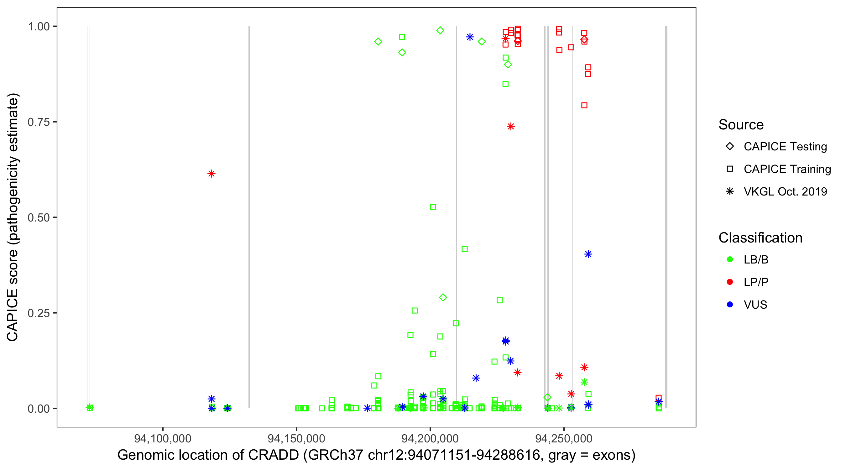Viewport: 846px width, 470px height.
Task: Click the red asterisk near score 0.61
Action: coord(211,174)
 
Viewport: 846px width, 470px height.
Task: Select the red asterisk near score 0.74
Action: coord(511,127)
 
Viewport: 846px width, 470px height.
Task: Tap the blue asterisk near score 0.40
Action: coord(588,254)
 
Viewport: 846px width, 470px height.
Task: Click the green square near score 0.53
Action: coord(433,207)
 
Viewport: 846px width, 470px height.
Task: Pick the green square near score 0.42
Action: coord(465,249)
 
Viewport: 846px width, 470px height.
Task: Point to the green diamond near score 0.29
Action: coord(443,298)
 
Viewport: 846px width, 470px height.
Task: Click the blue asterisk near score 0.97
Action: coord(470,37)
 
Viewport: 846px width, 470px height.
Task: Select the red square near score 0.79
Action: coord(584,105)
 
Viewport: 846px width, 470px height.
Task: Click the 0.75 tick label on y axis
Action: coord(38,122)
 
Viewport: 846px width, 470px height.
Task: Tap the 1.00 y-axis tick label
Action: coord(38,27)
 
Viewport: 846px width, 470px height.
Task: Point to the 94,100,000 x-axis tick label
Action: coord(163,438)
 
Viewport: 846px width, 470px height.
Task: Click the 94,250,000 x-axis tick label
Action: coord(564,438)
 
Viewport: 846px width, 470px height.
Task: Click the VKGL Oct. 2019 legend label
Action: coord(785,192)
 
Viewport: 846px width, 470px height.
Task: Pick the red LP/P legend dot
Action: coord(730,282)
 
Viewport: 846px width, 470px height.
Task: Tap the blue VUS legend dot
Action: coord(730,305)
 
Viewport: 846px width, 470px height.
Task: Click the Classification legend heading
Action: coord(760,238)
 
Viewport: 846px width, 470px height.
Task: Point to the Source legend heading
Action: coord(741,125)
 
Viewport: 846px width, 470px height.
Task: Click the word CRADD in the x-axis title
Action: coord(273,455)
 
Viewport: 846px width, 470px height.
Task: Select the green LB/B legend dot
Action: coord(730,260)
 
